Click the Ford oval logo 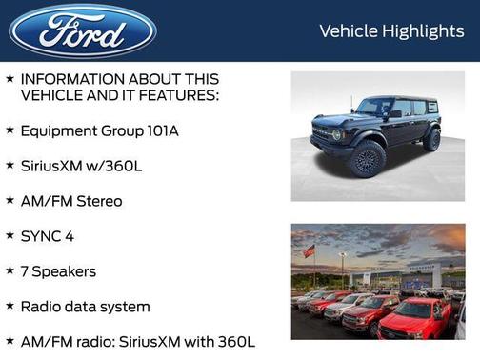83,31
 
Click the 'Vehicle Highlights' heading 391,31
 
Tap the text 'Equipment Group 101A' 99,130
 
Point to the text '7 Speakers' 58,271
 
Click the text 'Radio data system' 85,307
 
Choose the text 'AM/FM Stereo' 71,201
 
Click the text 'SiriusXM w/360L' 81,166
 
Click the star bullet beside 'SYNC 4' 10,235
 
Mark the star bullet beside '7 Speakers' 10,270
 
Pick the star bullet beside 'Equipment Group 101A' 10,130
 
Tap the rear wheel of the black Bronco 432,141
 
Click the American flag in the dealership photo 309,251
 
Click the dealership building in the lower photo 400,276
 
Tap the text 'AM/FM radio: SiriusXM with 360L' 137,342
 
